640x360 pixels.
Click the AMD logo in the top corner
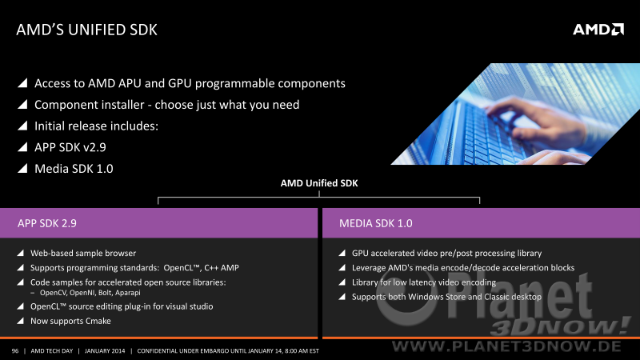(598, 30)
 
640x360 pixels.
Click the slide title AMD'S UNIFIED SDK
(86, 30)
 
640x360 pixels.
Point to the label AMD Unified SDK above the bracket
(319, 183)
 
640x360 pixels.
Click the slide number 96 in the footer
(15, 351)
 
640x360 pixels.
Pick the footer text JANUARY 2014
(105, 351)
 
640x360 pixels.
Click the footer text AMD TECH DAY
(52, 351)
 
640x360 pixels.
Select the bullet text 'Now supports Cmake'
(70, 322)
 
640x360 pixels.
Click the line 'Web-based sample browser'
(83, 253)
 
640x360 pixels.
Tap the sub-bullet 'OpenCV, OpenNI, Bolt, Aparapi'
(90, 293)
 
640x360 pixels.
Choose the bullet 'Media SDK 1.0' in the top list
(74, 169)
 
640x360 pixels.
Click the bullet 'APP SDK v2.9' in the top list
(70, 147)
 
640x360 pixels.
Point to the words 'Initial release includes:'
(96, 126)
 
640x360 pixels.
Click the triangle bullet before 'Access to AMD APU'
(22, 83)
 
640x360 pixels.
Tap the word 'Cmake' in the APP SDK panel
(98, 322)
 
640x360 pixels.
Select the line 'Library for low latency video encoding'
(424, 282)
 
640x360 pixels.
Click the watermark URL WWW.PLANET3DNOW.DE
(506, 346)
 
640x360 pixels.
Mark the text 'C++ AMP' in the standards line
(222, 268)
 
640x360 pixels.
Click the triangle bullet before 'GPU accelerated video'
(342, 253)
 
